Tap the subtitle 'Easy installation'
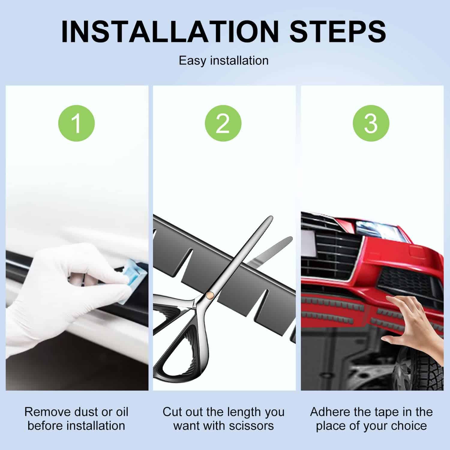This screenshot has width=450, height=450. (x=224, y=61)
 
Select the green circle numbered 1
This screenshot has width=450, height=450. (x=76, y=124)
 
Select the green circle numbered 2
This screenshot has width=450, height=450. (x=223, y=124)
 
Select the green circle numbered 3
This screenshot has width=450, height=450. (x=371, y=124)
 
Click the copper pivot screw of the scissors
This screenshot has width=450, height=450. (x=211, y=295)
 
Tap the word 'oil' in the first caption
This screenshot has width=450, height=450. (x=121, y=412)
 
